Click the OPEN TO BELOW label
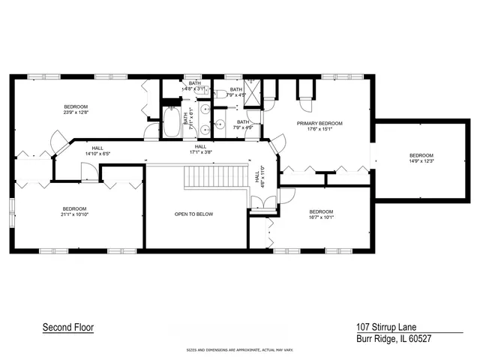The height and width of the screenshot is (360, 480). click(x=193, y=214)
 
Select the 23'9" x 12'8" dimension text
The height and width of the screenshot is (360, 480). click(x=75, y=113)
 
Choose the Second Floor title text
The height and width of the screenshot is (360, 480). click(x=67, y=328)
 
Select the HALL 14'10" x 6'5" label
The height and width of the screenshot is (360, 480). click(x=97, y=151)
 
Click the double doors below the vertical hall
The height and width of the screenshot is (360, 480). click(x=259, y=202)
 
